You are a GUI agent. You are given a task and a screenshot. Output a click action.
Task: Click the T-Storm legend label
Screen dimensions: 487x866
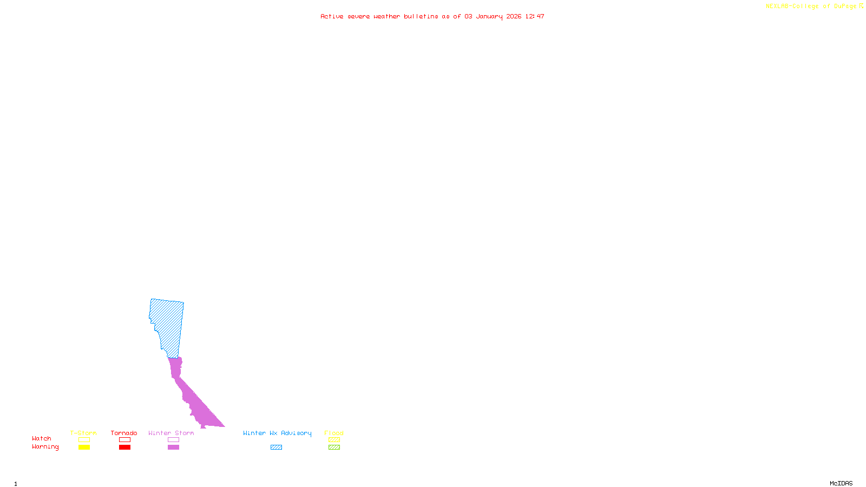(83, 433)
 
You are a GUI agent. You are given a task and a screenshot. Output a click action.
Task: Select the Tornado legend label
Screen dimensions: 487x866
(124, 433)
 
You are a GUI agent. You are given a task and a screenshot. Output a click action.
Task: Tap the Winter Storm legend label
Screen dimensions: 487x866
(171, 433)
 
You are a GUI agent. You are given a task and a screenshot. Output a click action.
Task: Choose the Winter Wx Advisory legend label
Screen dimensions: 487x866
(277, 433)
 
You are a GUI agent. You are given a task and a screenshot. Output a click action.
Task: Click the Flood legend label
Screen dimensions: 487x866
(334, 433)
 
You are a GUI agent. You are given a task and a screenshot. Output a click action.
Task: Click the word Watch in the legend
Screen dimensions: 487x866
(42, 438)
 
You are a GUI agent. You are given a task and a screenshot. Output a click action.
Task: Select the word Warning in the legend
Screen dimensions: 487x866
(45, 447)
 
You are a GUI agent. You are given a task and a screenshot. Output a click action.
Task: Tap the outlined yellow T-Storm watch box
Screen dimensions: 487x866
(84, 440)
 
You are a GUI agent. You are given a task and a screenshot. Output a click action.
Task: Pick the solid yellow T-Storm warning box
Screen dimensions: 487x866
(84, 447)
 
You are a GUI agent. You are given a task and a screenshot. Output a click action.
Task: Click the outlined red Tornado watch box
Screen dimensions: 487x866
(124, 440)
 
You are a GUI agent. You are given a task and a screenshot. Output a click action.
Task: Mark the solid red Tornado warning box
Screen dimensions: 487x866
(124, 447)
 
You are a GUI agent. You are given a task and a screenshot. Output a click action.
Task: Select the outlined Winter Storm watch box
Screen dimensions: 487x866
(173, 440)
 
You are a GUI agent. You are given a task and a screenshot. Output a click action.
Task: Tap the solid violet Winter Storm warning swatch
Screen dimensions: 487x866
(173, 447)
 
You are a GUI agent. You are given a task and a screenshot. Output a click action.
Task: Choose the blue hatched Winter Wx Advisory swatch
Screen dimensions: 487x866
(276, 447)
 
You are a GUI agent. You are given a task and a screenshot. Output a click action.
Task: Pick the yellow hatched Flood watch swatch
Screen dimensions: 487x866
(334, 440)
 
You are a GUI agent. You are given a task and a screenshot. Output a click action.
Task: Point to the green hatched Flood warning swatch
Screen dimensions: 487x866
(334, 447)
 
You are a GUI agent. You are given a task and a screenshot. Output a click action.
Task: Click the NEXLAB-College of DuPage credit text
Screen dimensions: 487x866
(814, 6)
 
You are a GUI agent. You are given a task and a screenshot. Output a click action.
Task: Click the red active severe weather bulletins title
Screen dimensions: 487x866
(432, 16)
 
